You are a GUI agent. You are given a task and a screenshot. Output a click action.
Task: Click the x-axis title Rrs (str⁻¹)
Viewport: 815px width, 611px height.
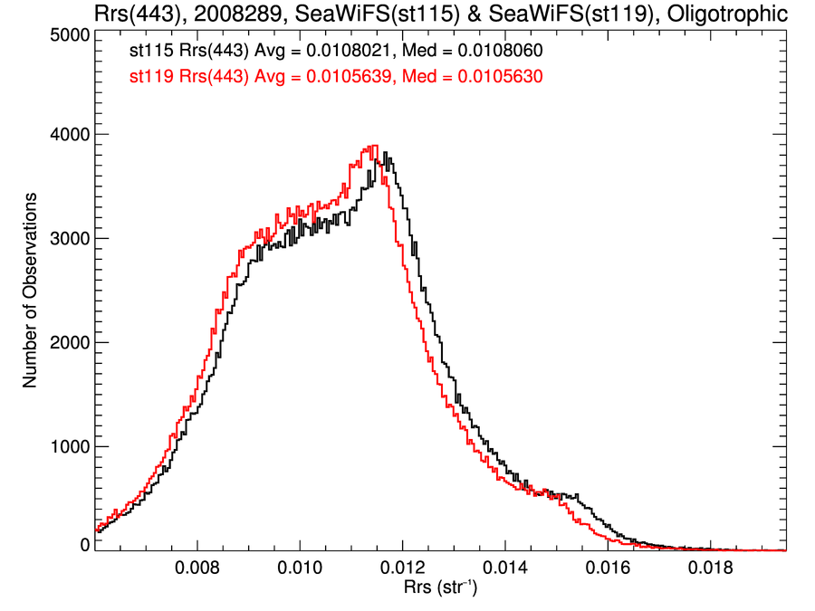440,588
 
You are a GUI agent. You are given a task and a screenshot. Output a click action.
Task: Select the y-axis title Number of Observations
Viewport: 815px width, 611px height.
30,290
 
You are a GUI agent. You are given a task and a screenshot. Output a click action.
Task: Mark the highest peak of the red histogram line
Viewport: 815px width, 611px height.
371,146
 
